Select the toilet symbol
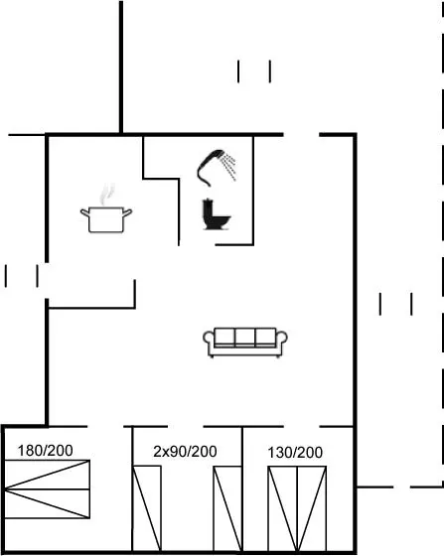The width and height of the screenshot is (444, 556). coord(216,215)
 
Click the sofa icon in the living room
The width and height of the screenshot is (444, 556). coord(245,343)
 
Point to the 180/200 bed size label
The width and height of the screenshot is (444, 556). coord(46,451)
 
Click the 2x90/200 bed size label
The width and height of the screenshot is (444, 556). coord(185,452)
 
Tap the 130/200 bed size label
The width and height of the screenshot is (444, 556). coord(295,453)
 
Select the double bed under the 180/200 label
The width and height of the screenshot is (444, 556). coord(47,489)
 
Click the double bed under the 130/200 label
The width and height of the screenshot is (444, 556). coord(297,508)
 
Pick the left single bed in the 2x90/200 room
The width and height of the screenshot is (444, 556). coord(147,508)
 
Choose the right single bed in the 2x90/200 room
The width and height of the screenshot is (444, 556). coord(227,508)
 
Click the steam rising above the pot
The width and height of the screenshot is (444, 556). coord(107,195)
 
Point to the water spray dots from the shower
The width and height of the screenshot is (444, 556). coord(228,167)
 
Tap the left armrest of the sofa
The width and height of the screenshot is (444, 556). coord(209,340)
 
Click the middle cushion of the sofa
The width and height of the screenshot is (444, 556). coord(245,337)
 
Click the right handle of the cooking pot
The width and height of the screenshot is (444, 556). coord(127,212)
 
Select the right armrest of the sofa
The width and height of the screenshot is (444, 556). coord(281,340)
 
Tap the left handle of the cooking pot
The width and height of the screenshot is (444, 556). coord(84,212)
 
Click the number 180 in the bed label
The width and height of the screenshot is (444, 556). coord(30,451)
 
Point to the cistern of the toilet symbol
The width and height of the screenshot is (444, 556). coord(208,209)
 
